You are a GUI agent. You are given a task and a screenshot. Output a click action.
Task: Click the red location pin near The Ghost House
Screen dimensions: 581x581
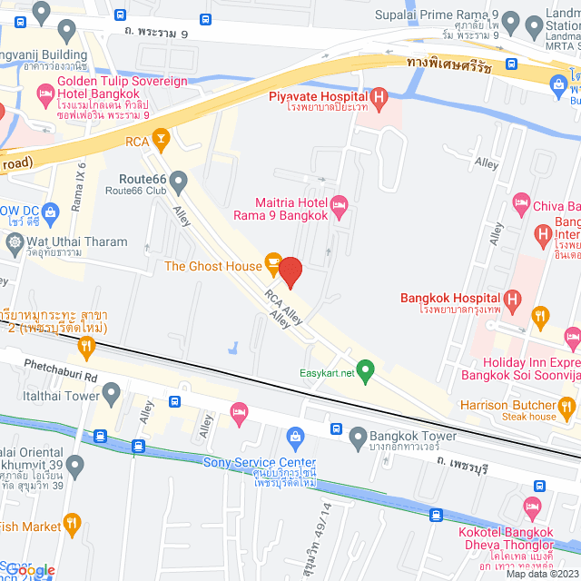290,272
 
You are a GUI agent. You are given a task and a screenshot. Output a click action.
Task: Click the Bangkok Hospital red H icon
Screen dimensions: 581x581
512,298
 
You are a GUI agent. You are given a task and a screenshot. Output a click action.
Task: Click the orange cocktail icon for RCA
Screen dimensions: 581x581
161,138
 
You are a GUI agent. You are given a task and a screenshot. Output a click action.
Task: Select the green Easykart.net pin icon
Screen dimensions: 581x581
365,369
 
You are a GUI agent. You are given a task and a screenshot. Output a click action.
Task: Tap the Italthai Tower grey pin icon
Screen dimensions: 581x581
112,393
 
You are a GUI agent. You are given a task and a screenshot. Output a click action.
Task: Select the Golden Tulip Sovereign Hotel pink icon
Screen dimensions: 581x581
44,94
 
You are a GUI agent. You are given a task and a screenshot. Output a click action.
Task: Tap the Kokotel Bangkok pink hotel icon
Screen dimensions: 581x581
533,507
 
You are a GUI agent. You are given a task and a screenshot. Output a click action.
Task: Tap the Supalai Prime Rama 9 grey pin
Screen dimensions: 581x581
510,22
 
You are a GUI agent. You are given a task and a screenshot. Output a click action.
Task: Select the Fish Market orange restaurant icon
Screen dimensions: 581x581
74,524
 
